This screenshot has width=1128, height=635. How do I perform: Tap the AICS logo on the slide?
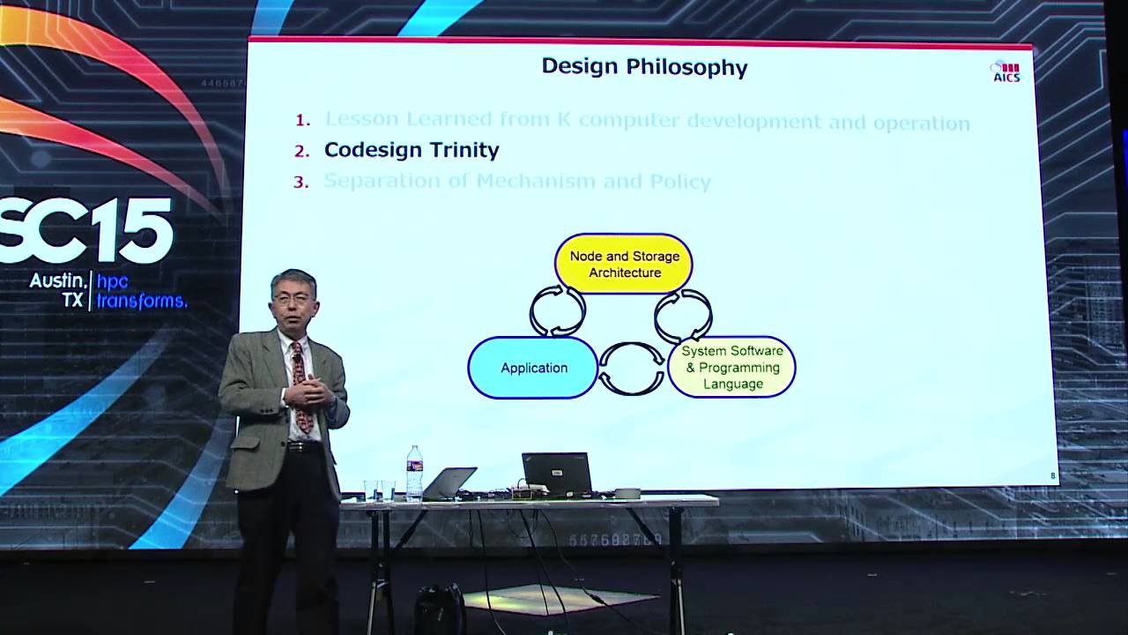1006,72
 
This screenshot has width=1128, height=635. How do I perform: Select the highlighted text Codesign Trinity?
412,150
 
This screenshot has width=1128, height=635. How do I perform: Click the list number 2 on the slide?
302,151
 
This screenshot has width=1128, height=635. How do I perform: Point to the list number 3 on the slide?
301,183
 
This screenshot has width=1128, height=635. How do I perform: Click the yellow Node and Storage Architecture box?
624,264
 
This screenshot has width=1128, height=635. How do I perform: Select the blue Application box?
533,368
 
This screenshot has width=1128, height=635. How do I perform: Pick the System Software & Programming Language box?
732,368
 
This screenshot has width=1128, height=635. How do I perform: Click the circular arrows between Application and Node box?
557,310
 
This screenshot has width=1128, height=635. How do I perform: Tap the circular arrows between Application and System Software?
632,369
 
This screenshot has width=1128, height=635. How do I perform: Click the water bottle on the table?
414,474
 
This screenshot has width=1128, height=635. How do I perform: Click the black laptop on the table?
558,474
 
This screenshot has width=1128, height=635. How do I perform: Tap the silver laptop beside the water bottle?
449,483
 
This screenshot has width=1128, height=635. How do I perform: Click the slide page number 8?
1052,476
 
